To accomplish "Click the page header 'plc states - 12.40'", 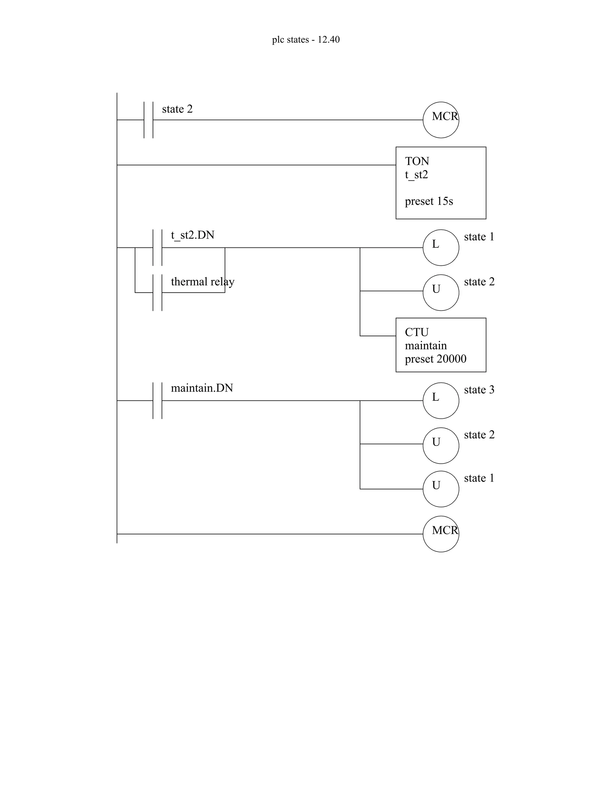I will (x=306, y=39).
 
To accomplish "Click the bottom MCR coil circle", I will (x=440, y=534).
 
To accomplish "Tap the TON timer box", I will (x=440, y=183).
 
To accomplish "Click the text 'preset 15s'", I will (x=429, y=201).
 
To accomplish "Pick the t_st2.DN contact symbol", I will (x=157, y=248).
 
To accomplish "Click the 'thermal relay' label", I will (x=202, y=282).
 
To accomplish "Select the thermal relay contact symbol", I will (x=157, y=292).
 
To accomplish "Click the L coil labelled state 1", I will (x=440, y=248).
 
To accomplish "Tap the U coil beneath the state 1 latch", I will (x=440, y=292).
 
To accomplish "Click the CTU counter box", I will (x=440, y=345).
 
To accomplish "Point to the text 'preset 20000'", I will (x=435, y=359).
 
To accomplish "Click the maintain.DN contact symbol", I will (x=157, y=400).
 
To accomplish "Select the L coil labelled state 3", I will (x=440, y=400).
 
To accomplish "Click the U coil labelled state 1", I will (x=440, y=489).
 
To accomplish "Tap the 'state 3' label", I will (x=479, y=390).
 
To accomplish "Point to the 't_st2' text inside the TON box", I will (x=416, y=175).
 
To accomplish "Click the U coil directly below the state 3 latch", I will (x=440, y=445).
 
